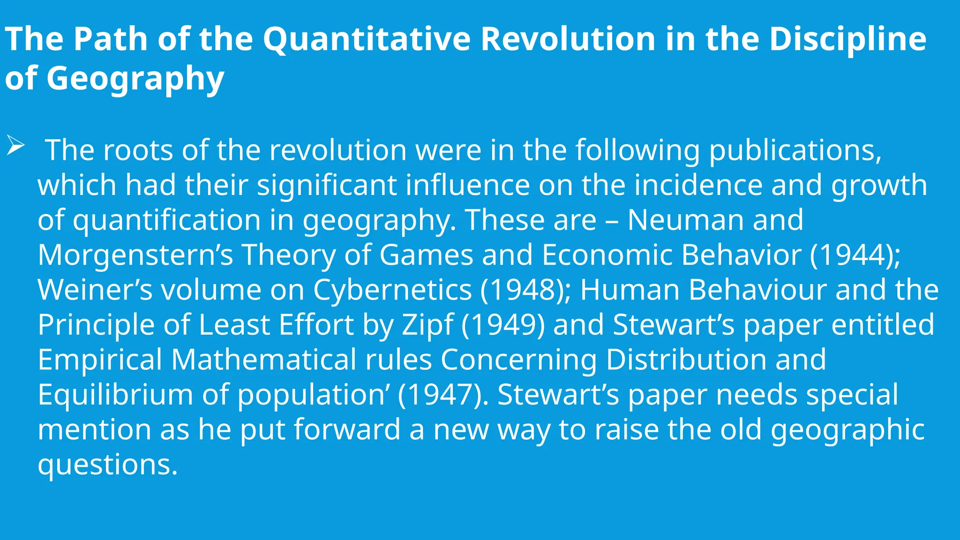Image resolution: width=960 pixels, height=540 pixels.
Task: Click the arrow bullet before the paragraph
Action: pos(15,147)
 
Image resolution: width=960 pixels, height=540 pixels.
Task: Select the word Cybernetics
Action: pos(392,290)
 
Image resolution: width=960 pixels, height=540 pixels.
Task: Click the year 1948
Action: pos(525,290)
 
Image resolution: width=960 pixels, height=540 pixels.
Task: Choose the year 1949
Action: pos(502,324)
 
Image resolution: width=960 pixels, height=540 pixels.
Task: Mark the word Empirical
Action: pos(100,360)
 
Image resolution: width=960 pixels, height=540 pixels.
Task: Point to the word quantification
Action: pos(167,220)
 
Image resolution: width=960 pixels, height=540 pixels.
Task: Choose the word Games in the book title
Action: pos(426,255)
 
